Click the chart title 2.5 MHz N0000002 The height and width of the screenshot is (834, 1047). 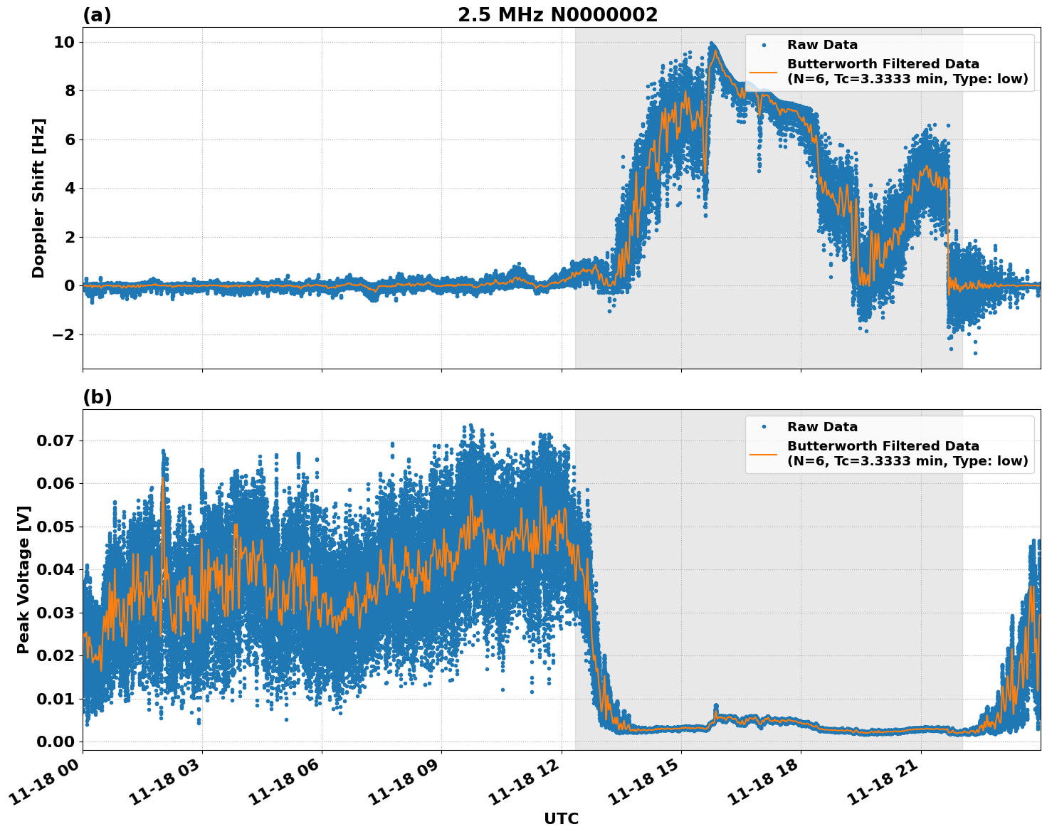(557, 15)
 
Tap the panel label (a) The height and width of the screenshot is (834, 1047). (97, 15)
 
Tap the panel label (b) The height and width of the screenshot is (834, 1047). (97, 397)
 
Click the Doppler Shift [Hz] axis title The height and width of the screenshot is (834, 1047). (38, 198)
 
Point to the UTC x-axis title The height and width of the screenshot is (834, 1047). (561, 818)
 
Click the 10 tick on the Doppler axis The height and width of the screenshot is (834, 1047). (64, 42)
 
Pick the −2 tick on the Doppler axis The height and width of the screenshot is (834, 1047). (59, 334)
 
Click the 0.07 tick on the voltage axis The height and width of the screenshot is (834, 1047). (55, 441)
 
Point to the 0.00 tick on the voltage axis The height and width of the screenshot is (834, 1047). (55, 741)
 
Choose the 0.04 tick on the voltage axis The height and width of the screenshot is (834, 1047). (55, 570)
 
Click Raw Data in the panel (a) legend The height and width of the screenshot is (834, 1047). (822, 45)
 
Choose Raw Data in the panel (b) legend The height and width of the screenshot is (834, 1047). (822, 427)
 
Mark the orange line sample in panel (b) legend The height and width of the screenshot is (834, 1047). (764, 453)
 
